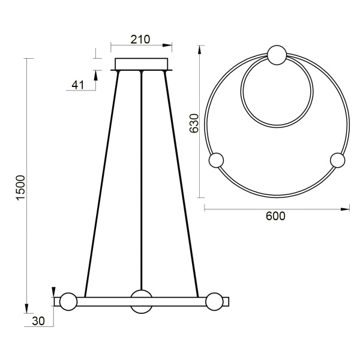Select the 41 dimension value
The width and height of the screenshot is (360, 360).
77,85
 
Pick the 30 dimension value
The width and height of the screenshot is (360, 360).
38,322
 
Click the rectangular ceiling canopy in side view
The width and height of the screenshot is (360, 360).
142,64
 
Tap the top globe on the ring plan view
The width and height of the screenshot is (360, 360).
276,55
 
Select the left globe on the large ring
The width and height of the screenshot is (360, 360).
215,161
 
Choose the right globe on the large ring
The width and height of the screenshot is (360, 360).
338,161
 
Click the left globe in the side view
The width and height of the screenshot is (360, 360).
67,301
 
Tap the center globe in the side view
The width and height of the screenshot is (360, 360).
142,301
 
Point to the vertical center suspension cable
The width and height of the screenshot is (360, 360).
142,180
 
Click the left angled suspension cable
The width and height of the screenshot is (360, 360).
102,180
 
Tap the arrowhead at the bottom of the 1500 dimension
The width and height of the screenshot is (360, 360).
27,309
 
